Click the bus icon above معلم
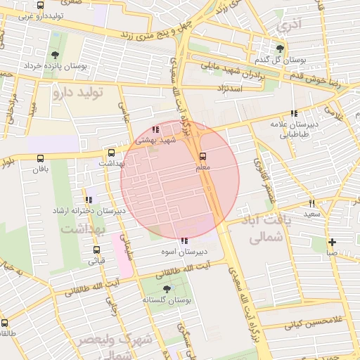click(203, 156)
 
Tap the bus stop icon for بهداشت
click(111, 153)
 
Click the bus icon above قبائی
click(96, 249)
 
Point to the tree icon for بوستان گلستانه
click(167, 289)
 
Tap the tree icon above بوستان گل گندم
click(281, 48)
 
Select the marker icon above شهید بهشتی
click(155, 129)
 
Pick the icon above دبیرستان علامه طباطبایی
click(294, 113)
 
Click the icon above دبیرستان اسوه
click(184, 240)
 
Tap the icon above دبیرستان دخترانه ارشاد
click(89, 200)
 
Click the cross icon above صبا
click(332, 242)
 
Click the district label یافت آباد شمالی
click(275, 229)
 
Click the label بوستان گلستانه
click(167, 300)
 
